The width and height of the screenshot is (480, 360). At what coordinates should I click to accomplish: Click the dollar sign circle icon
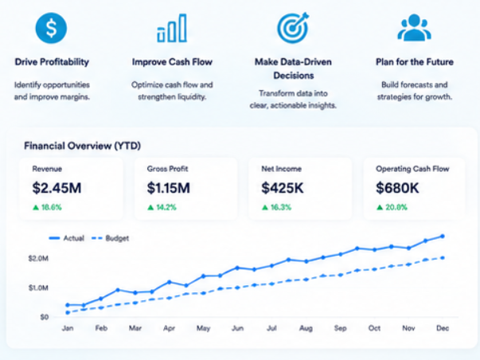point(51,28)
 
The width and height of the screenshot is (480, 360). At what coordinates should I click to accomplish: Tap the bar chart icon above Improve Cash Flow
point(172,28)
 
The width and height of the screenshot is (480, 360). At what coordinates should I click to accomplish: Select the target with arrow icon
point(293,28)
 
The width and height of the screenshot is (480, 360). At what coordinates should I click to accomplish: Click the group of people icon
point(414,27)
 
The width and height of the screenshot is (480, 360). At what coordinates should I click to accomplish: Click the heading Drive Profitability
point(52,62)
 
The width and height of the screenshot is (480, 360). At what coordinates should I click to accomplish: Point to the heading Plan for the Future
point(415,62)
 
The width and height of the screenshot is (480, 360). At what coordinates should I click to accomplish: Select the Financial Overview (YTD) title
point(82,146)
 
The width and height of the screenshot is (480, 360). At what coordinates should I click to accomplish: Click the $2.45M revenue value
point(57,188)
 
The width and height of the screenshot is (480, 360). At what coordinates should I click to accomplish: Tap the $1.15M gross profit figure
point(169,188)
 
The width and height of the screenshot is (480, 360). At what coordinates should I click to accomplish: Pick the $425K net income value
point(283,188)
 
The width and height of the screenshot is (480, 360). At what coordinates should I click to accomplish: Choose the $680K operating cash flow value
point(397,188)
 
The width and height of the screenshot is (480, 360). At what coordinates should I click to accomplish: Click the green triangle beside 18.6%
point(36,207)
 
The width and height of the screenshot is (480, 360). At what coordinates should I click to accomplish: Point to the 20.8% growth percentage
point(396,207)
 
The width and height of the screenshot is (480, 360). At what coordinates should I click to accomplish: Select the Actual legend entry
point(66,238)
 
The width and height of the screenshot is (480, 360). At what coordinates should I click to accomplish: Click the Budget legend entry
point(110,238)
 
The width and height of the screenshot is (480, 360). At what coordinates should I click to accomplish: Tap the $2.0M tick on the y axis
point(38,259)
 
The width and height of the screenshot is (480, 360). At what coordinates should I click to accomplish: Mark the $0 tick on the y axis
point(45,317)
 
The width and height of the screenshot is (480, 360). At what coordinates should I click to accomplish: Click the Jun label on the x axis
point(237,328)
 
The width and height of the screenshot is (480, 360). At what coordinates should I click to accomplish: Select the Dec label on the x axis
point(443,328)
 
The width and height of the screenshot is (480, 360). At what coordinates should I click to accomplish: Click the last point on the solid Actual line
point(443,237)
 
